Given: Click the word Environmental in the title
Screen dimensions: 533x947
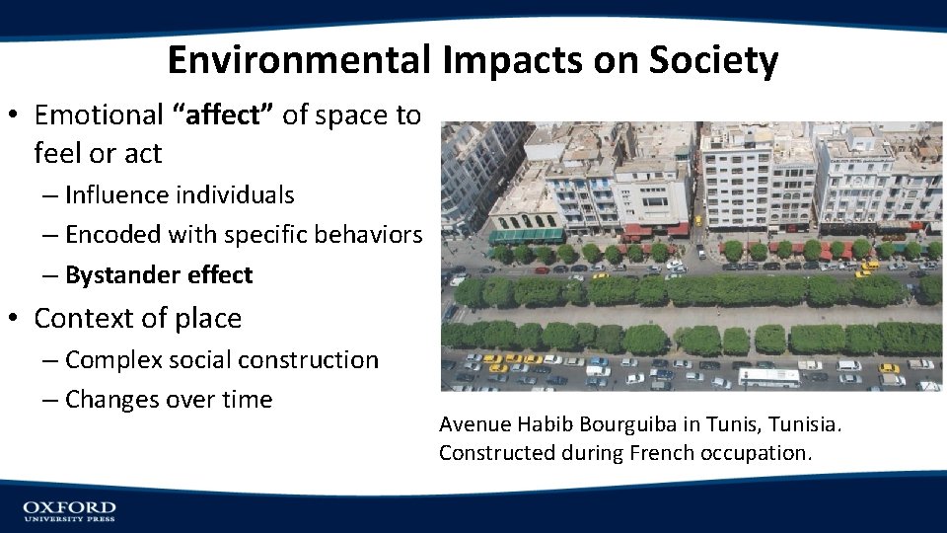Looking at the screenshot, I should coord(299,60).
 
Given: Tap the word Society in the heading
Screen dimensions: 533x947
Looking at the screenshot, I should coord(713,60).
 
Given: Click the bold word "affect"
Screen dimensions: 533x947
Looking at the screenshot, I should coord(223,115).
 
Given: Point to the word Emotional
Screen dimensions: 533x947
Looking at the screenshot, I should coord(99,115).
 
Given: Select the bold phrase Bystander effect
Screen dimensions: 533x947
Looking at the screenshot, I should coord(159,275).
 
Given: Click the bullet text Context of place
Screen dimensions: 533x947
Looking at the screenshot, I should coord(137,319).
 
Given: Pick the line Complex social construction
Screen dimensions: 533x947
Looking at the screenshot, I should coord(221,360).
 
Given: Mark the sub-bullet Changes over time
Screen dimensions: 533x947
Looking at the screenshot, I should coord(168,400).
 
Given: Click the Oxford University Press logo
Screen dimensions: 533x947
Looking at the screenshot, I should coord(69,510).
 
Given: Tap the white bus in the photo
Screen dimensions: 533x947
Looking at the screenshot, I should coord(769,377).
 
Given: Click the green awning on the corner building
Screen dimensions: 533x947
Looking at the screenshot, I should coord(526,236).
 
